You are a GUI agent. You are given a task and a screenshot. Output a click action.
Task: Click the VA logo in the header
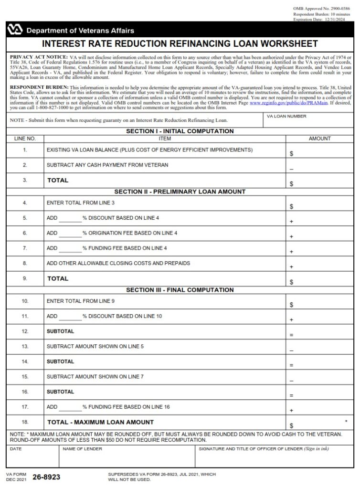pos(15,30)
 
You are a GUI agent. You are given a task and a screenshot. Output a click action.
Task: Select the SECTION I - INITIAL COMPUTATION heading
pos(180,131)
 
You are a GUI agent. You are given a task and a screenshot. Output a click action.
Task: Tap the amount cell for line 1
pos(320,151)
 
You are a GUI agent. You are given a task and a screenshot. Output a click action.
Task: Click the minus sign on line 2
pos(291,169)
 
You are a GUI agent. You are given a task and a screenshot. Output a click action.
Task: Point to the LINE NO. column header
pos(25,138)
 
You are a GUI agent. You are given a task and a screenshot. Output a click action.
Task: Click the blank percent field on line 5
pos(70,218)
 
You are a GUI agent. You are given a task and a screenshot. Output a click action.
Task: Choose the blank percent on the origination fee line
pos(70,234)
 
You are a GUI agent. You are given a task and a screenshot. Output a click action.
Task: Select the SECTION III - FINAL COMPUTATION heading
pos(180,290)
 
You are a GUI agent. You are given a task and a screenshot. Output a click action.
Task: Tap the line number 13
pos(25,346)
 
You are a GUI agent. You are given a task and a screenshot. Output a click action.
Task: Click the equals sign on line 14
pos(291,365)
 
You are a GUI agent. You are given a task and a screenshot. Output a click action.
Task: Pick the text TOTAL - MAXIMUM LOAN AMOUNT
pos(100,422)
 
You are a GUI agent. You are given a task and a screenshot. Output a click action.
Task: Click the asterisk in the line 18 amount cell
pos(345,422)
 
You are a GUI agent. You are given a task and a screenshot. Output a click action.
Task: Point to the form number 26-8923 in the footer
pos(46,477)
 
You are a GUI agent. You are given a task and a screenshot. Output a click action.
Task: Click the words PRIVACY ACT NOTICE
pos(39,57)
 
